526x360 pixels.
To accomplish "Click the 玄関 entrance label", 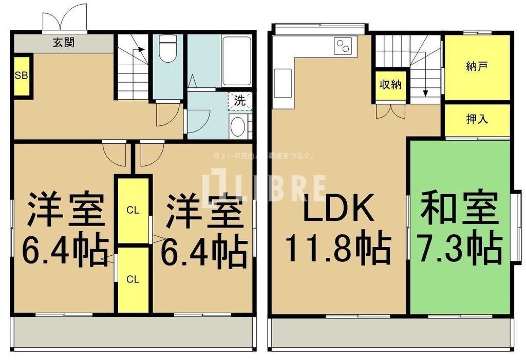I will click(x=63, y=43).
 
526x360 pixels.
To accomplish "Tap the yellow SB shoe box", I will click(x=22, y=77).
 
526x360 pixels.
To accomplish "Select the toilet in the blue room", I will click(x=167, y=49).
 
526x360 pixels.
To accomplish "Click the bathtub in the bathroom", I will click(x=237, y=61).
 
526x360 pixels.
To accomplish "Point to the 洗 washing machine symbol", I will click(x=240, y=101).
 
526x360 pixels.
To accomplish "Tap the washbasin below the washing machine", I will click(x=237, y=126).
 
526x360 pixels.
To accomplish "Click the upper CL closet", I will click(x=133, y=210).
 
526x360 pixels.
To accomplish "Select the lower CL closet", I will click(x=133, y=279).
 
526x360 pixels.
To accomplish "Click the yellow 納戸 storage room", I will click(x=477, y=67).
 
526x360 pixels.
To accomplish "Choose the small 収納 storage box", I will click(x=390, y=85).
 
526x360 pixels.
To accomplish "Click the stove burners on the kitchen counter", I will click(x=342, y=47).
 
